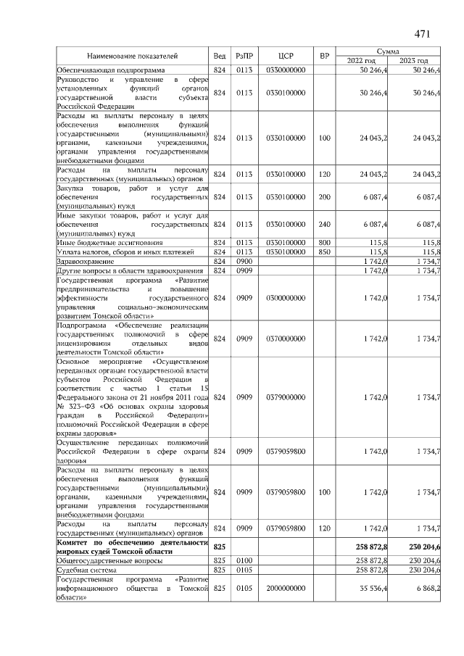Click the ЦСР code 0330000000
[285, 70]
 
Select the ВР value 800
[324, 242]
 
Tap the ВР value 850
[324, 252]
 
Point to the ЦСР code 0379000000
[285, 397]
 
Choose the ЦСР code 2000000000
[285, 590]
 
